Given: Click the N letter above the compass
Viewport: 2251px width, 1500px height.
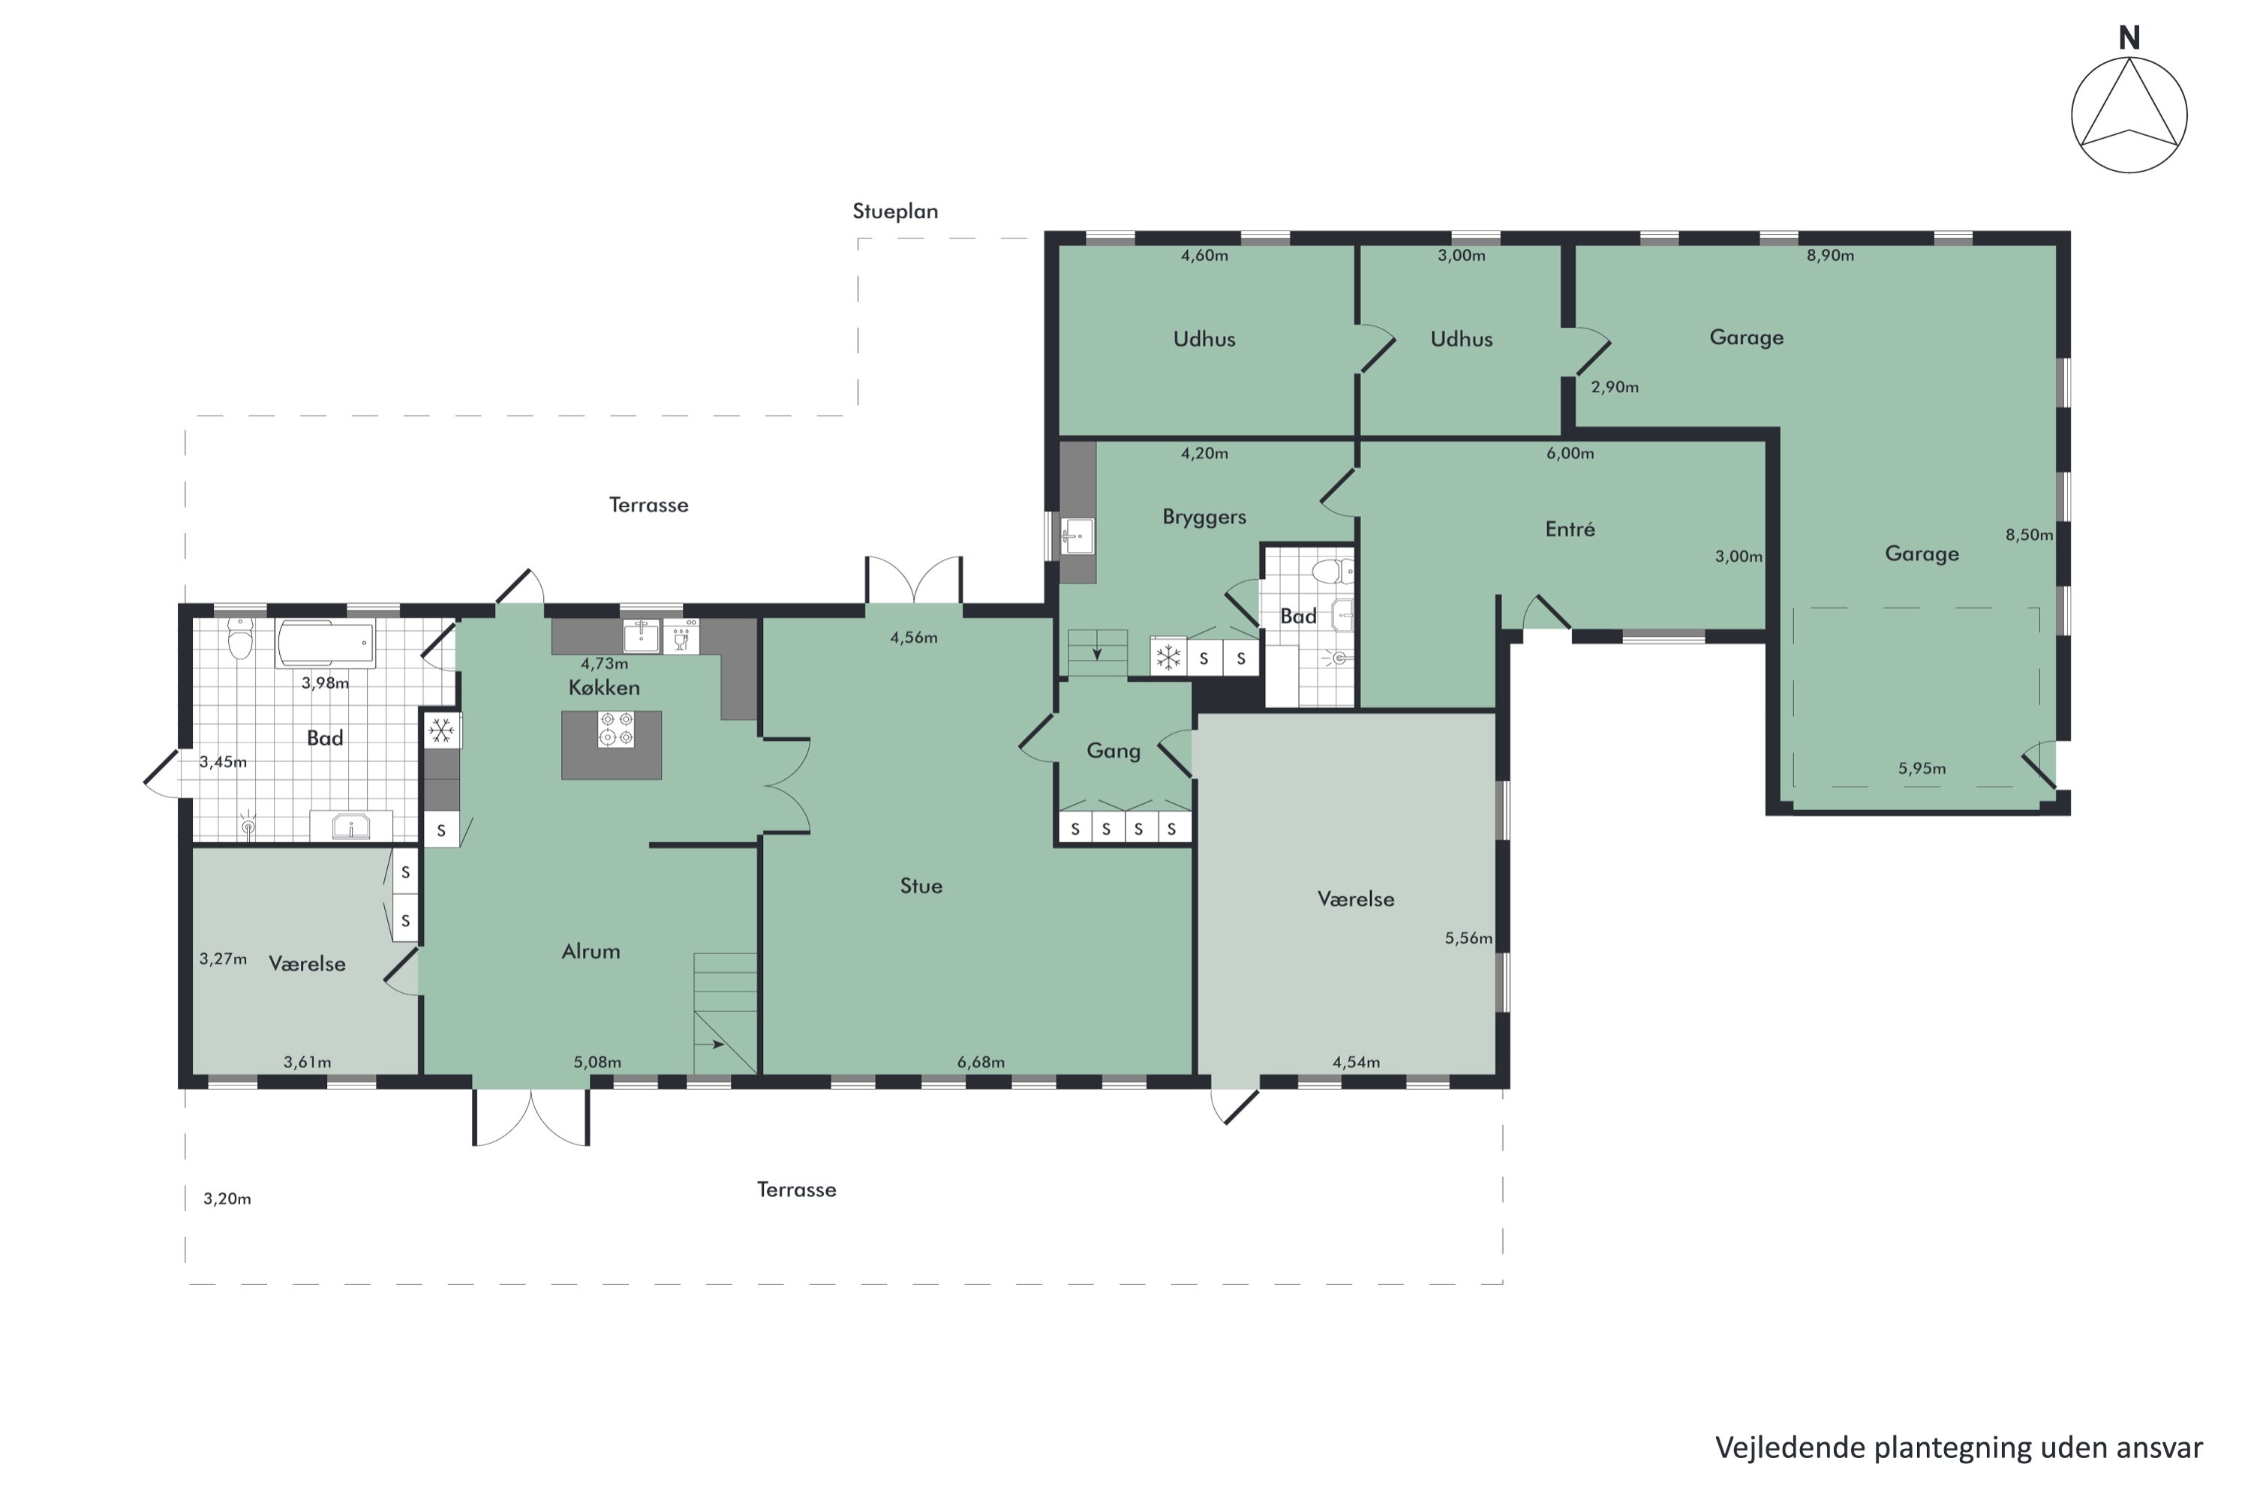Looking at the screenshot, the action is (x=2129, y=38).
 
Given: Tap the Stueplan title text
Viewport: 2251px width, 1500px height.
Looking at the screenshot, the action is (x=895, y=211).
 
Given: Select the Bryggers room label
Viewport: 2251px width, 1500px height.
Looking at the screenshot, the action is (x=1204, y=517).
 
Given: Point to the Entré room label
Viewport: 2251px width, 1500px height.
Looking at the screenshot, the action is (x=1570, y=529).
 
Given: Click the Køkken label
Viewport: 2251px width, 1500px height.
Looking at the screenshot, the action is (x=604, y=687).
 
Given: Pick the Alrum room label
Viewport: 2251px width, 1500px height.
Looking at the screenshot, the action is (x=591, y=951).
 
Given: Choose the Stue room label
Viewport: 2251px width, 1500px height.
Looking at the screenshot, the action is (x=921, y=886).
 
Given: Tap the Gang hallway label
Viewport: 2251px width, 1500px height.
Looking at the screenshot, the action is (x=1113, y=751).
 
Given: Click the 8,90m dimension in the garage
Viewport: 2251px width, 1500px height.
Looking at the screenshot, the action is (x=1830, y=256).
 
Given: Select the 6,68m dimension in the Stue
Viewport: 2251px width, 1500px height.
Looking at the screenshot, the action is (x=981, y=1062).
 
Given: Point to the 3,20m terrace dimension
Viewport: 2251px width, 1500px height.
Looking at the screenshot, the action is (x=227, y=1198).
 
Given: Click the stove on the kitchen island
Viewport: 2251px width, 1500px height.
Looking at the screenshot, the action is (x=615, y=729).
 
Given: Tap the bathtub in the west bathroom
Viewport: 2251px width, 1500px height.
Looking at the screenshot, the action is (x=326, y=643).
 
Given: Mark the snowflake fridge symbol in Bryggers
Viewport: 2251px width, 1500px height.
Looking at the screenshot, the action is (x=1168, y=657).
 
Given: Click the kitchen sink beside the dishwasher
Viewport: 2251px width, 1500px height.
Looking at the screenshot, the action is (x=642, y=635).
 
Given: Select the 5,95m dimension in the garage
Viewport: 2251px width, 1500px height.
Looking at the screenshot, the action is (x=1922, y=768).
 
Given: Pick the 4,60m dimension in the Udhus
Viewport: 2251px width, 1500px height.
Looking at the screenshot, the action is (x=1204, y=256).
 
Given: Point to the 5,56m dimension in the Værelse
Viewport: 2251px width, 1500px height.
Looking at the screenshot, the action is (x=1468, y=938).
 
